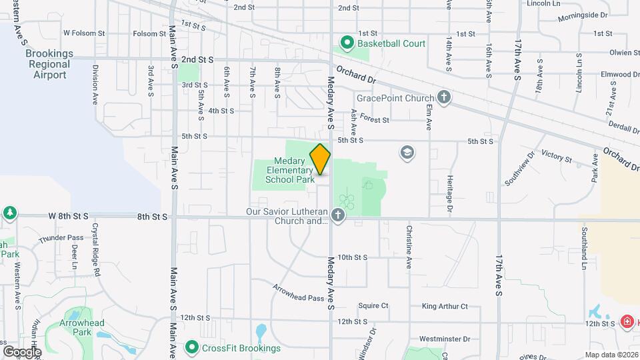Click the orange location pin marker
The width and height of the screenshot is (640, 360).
coord(320,159)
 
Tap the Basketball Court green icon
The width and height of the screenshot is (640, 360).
coord(347,43)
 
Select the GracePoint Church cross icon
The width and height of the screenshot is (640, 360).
coord(443,98)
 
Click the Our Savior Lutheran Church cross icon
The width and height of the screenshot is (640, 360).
coord(339,215)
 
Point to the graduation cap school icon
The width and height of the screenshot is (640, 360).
coord(405,153)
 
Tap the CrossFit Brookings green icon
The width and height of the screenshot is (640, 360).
coord(192,347)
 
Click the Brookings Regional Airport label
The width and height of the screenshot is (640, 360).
coord(48,64)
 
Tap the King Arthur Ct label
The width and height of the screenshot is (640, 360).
coord(445,307)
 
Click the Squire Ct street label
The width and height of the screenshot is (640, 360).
coord(373,306)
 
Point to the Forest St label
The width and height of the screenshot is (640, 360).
coord(375,119)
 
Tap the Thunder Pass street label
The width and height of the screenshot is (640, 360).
coord(61,238)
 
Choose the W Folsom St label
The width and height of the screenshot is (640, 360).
coord(84,33)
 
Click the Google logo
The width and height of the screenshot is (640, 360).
coord(22,351)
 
